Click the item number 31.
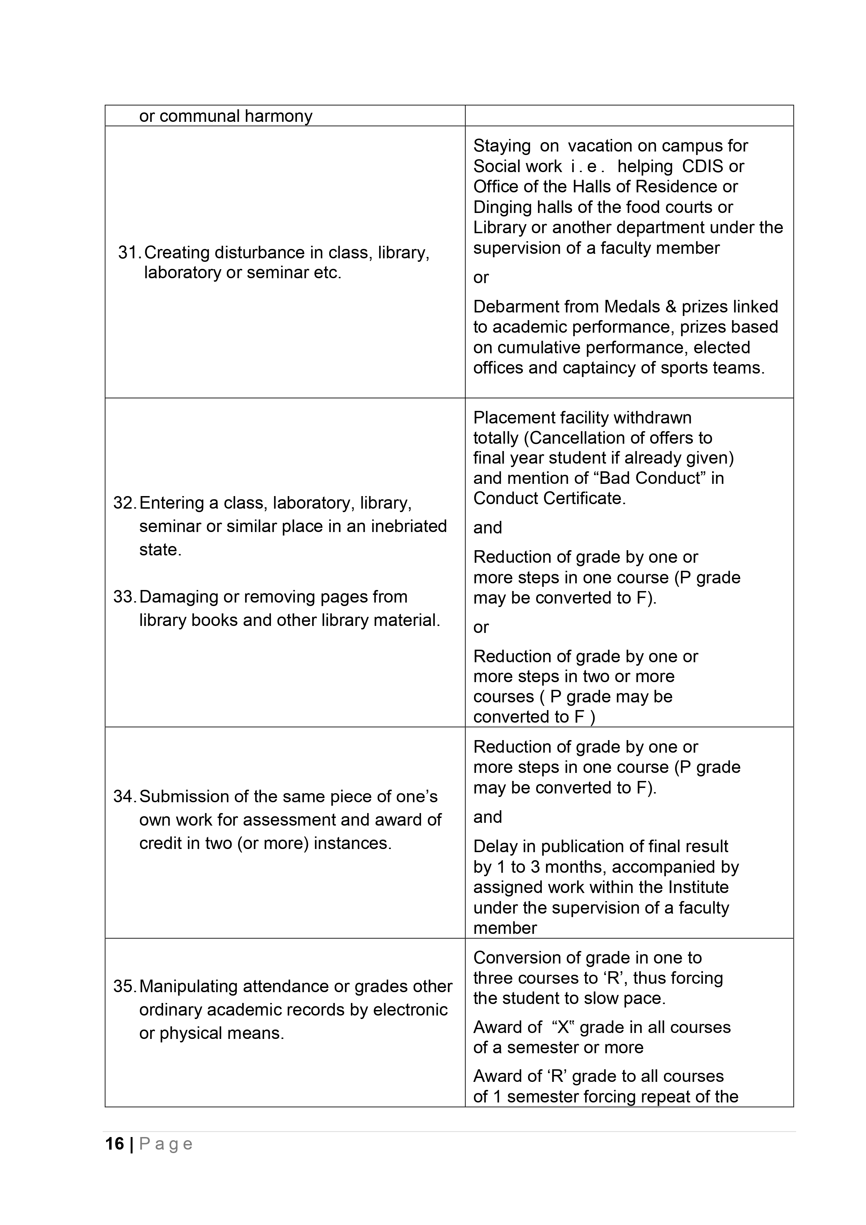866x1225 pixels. click(x=128, y=252)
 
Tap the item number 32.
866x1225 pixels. click(x=124, y=503)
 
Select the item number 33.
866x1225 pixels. click(x=124, y=597)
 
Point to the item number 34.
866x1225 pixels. click(x=124, y=797)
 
